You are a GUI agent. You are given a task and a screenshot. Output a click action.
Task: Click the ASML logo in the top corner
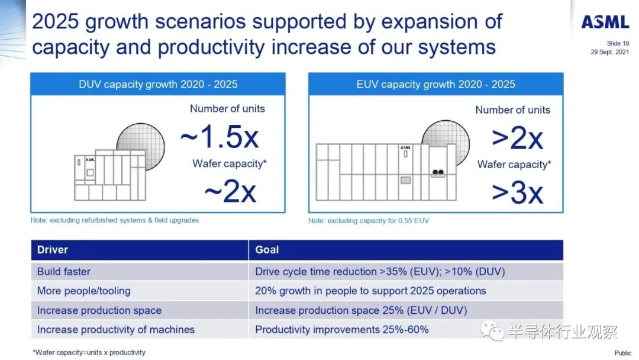click(x=605, y=21)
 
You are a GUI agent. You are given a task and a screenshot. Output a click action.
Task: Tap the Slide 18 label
click(x=618, y=43)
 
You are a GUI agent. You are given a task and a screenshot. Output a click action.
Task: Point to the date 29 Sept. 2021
click(x=609, y=52)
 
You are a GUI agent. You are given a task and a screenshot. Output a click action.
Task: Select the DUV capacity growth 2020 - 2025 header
click(x=158, y=85)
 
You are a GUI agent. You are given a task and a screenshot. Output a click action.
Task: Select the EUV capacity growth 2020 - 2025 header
click(x=435, y=85)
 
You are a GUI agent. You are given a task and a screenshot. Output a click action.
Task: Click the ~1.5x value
click(x=220, y=136)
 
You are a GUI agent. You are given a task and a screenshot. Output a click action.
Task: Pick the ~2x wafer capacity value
click(x=230, y=191)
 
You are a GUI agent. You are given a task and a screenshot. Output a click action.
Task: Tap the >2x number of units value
click(x=517, y=138)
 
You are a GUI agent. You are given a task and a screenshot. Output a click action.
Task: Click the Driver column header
click(x=53, y=249)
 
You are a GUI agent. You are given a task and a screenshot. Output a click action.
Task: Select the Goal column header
click(x=267, y=249)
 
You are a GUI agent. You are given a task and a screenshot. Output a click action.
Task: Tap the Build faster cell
click(x=63, y=272)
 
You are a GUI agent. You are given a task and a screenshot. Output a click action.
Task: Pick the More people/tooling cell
click(x=83, y=291)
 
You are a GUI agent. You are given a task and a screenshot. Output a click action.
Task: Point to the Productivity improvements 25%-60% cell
click(x=342, y=329)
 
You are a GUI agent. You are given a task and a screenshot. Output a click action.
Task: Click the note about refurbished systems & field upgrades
click(x=115, y=220)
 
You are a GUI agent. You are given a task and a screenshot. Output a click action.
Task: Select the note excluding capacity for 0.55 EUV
click(x=369, y=221)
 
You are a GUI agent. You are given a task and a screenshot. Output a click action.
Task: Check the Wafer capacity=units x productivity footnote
click(x=89, y=352)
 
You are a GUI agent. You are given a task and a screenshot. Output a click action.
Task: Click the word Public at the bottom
click(x=622, y=353)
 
